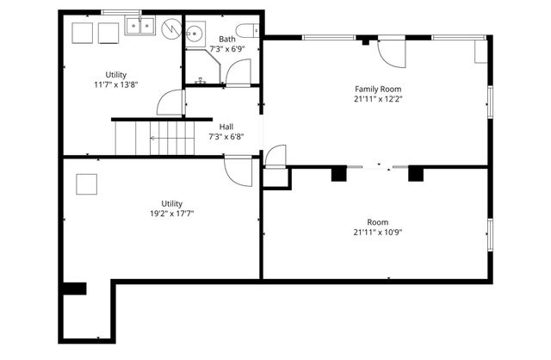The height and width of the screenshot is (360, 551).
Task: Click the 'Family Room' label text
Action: point(378,89)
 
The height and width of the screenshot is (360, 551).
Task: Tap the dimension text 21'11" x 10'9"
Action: point(378,232)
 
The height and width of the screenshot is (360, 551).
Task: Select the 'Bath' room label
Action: point(226,39)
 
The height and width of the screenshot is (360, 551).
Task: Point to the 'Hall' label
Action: point(226,127)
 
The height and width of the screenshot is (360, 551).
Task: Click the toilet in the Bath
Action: point(247,32)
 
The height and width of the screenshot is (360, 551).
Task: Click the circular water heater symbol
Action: point(170,28)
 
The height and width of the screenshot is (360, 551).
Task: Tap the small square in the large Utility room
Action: point(88,185)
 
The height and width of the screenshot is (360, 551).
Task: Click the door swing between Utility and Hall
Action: point(171,103)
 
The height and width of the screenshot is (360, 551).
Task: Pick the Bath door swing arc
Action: point(238,73)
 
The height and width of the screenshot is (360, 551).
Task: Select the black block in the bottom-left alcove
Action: point(75,289)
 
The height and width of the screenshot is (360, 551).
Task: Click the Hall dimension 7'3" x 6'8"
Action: point(226,137)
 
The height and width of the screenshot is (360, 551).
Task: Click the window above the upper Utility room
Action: point(121,12)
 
